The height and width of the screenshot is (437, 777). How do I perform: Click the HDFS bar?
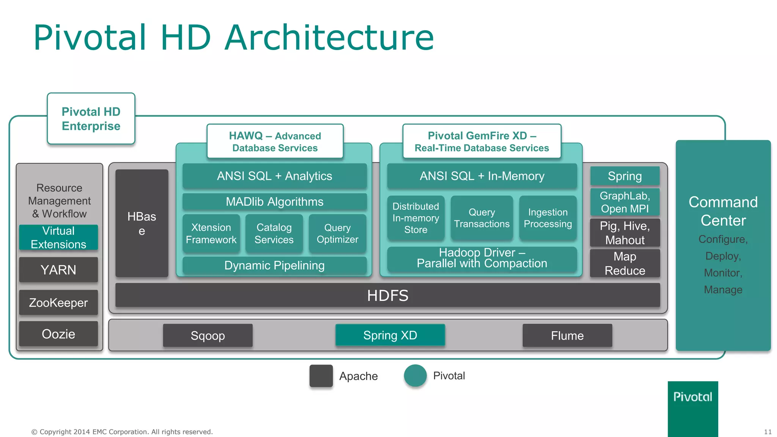[387, 296]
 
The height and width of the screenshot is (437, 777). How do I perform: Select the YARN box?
[58, 270]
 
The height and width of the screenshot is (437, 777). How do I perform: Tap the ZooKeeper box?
[58, 303]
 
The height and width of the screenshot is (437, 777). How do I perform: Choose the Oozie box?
[58, 334]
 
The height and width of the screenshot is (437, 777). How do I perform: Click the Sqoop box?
[208, 335]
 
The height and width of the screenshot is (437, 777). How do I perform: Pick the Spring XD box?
[390, 335]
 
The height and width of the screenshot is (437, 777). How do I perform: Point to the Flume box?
[567, 335]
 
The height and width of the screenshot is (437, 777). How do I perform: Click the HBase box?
[142, 223]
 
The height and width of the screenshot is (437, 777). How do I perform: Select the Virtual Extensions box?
[58, 237]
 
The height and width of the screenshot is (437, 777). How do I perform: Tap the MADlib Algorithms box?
[274, 201]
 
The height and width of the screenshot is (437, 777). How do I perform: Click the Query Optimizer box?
[337, 234]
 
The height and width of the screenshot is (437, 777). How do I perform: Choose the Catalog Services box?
[274, 234]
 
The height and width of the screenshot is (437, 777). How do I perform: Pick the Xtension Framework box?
[211, 234]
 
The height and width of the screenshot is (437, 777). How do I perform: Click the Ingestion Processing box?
[548, 218]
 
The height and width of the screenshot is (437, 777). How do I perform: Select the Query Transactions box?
[482, 218]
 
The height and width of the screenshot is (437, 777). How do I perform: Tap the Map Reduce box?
[625, 263]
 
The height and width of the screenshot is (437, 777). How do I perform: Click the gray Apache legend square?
[321, 376]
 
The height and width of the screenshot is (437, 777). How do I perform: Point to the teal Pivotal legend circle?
[415, 376]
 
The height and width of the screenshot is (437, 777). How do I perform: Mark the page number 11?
[768, 432]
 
